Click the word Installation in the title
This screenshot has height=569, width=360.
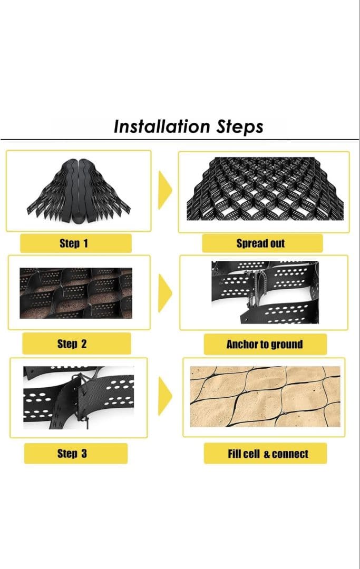tap(162, 126)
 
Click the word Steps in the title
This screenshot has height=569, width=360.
tap(240, 127)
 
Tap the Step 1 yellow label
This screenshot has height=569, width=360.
tap(75, 243)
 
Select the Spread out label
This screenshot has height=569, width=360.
tap(262, 243)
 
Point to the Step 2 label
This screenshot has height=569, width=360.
tap(76, 344)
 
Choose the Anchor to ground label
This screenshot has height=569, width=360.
tap(265, 344)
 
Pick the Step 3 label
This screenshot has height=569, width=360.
tap(75, 453)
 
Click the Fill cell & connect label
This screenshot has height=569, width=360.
tap(265, 453)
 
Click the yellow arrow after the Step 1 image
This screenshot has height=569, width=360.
tap(165, 190)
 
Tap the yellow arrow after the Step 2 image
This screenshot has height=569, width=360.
tap(165, 293)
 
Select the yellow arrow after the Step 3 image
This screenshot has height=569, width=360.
tap(165, 396)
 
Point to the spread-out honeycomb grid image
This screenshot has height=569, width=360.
tap(265, 189)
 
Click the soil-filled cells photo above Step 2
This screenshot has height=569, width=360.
tap(76, 293)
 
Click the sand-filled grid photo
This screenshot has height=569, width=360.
tap(265, 396)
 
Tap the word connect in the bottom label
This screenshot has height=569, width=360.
tap(290, 454)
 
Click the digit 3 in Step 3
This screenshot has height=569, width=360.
tap(84, 453)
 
